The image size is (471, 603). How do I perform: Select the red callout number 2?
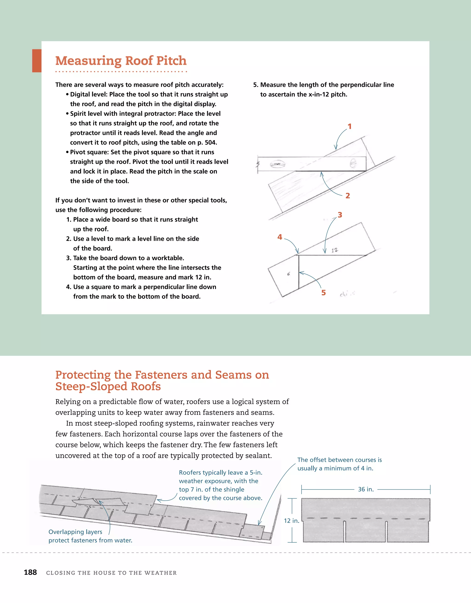(348, 196)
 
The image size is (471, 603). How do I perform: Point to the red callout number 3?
(340, 215)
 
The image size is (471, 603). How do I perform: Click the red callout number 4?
(279, 237)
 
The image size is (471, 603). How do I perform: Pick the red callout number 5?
(323, 293)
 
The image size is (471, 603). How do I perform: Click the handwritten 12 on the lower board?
(334, 250)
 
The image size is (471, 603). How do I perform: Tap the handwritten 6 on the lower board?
(289, 274)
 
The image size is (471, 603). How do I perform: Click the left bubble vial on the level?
(277, 165)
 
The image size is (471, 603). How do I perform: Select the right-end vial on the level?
(353, 163)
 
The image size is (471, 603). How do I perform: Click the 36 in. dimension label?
(366, 489)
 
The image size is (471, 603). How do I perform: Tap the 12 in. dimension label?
(291, 521)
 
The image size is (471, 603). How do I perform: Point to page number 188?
(30, 572)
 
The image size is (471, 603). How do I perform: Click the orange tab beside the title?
(37, 61)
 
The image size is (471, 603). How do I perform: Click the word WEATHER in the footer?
(160, 573)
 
